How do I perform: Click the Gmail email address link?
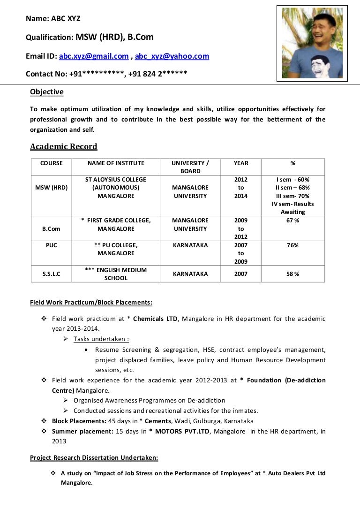tap(94, 56)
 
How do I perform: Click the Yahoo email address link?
tap(172, 56)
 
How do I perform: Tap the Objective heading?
tap(47, 92)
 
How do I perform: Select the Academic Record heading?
tap(64, 146)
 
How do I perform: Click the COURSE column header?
tap(52, 163)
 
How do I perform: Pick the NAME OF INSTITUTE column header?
tap(116, 163)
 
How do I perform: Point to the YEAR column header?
tap(241, 163)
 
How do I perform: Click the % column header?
tap(292, 163)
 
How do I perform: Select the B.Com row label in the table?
tap(52, 229)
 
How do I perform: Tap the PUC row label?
tap(52, 245)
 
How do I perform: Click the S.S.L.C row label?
tap(52, 274)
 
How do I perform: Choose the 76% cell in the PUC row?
tap(292, 245)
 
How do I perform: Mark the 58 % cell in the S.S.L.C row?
tap(292, 274)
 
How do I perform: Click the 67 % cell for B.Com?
tap(292, 221)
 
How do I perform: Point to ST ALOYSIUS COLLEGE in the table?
tap(116, 180)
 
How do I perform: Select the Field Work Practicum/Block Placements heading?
tap(91, 303)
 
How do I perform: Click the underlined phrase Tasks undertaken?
tap(101, 339)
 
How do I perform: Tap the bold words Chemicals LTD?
tap(155, 319)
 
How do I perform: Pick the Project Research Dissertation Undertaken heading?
tap(94, 457)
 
